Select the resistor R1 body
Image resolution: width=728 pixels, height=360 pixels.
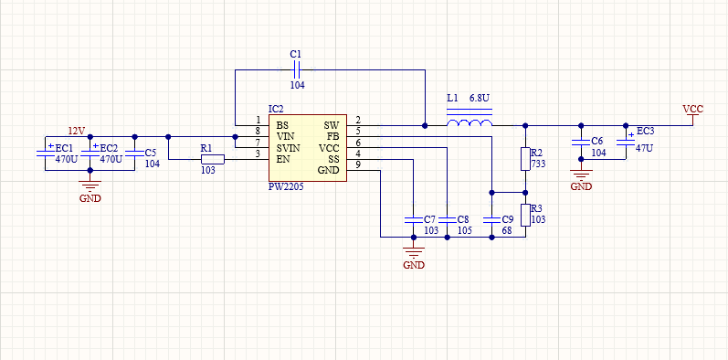(x=213, y=159)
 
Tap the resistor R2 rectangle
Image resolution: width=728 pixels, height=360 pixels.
(x=525, y=159)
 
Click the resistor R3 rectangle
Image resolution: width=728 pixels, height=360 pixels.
(x=525, y=215)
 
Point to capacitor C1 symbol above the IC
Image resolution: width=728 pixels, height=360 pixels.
(x=297, y=70)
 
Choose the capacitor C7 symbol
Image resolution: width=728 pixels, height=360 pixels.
(x=413, y=219)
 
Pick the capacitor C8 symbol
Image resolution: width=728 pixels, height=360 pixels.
(x=447, y=219)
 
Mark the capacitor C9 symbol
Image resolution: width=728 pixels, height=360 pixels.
(x=491, y=219)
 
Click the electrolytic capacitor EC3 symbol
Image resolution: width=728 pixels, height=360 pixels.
(x=626, y=142)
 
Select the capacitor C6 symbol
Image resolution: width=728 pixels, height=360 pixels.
(x=580, y=142)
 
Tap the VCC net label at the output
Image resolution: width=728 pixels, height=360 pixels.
(x=692, y=110)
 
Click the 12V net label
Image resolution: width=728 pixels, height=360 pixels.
(x=77, y=131)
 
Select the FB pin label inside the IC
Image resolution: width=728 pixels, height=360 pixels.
(x=333, y=136)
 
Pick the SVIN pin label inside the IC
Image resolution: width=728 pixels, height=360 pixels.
(x=288, y=148)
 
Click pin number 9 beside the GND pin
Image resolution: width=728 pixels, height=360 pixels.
(x=357, y=164)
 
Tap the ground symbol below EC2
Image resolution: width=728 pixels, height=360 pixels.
(x=90, y=186)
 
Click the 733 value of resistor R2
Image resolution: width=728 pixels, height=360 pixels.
(x=539, y=164)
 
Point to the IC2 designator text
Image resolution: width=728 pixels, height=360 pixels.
(x=276, y=109)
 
